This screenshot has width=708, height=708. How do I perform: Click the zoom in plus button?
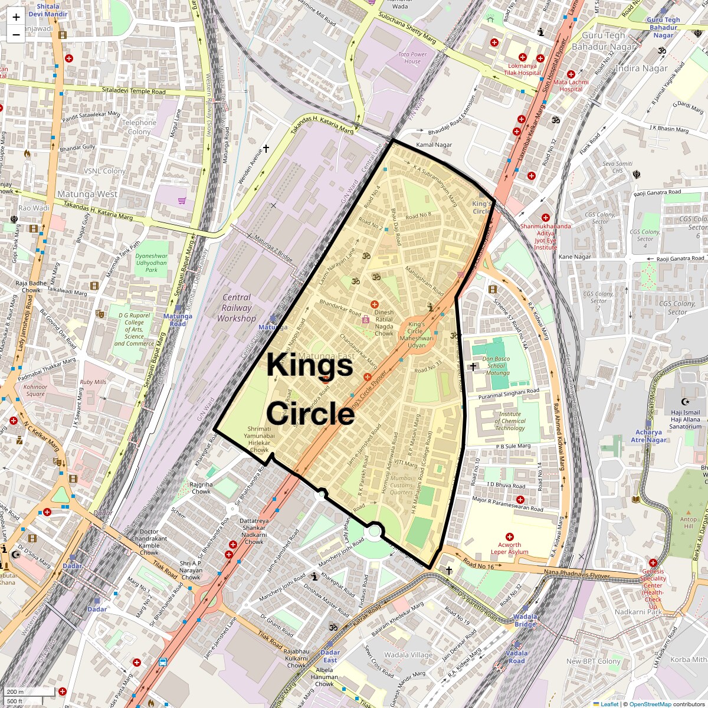pos(16,17)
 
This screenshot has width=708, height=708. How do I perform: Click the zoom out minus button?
pos(16,34)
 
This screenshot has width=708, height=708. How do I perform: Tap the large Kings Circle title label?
pos(310,389)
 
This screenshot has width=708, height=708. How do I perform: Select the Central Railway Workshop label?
pos(237,308)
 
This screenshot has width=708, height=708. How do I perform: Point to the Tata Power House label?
pos(412,58)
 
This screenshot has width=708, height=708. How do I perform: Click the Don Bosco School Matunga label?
pos(496,366)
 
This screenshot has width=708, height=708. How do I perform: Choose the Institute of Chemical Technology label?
pos(510,421)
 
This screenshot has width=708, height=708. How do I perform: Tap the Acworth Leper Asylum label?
pos(509,548)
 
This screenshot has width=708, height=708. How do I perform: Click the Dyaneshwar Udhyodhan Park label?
pos(152,263)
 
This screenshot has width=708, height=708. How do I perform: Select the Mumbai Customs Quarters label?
pos(402,485)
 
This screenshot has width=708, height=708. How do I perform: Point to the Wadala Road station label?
pos(517,657)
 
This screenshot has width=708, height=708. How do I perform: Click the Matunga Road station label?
pos(178,320)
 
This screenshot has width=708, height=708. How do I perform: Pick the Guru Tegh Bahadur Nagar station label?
pos(663,27)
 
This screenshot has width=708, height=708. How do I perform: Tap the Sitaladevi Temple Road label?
pos(133,91)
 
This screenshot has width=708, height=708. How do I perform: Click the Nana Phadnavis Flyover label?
pos(576,572)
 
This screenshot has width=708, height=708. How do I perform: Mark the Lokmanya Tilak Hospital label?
pos(522,70)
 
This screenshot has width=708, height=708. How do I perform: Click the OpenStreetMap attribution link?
pos(650,704)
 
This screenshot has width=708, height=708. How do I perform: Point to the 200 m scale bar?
pos(29,691)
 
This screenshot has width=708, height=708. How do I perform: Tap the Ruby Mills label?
pos(93,382)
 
